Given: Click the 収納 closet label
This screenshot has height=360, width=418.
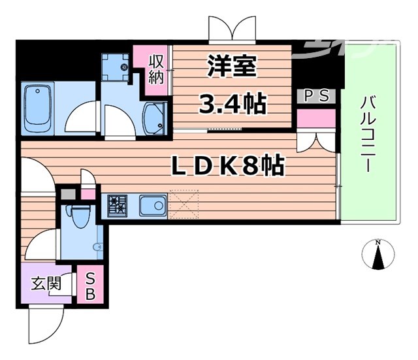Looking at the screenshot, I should tap(156, 68).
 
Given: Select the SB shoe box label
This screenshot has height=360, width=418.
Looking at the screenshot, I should tap(89, 286).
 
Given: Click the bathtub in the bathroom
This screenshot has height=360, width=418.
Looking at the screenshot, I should tap(37, 106).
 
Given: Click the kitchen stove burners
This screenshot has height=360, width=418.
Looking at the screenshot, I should tap(118, 206).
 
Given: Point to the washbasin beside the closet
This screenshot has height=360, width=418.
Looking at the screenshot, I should tap(154, 118).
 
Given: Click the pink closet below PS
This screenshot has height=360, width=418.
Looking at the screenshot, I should tap(317, 119).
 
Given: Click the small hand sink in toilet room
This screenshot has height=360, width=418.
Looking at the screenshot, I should tap(98, 248).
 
